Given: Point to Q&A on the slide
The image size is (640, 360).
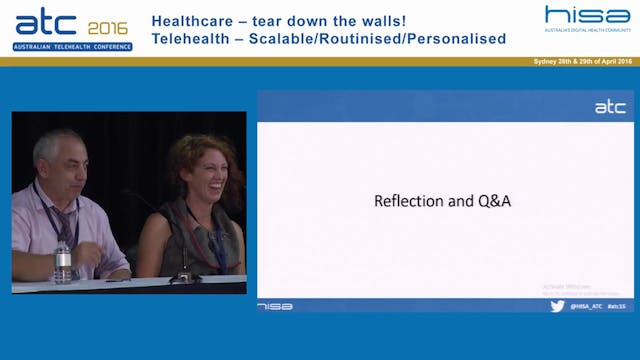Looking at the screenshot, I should coord(492,200).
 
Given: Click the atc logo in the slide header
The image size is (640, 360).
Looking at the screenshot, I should coord(609,107).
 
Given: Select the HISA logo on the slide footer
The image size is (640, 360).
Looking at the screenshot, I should coord(275,305).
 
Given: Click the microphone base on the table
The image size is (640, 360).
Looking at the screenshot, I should coord(183,277).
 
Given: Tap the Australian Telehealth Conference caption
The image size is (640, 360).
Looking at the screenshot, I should coord(65,46).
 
